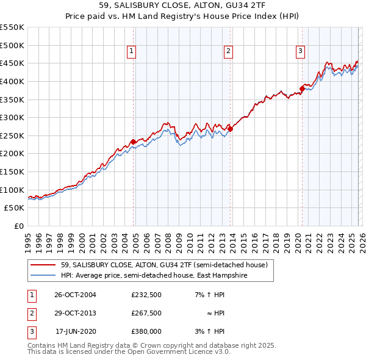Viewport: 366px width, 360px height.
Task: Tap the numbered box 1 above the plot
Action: click(x=131, y=52)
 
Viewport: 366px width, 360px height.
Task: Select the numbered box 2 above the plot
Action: click(x=228, y=52)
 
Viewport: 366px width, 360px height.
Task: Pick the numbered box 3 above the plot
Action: click(x=301, y=52)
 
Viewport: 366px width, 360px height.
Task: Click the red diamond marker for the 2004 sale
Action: click(x=133, y=142)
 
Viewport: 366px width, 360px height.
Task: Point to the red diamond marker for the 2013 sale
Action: click(x=230, y=129)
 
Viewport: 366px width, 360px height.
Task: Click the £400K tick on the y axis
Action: click(x=13, y=81)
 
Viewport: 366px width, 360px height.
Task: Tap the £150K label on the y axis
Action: click(x=13, y=172)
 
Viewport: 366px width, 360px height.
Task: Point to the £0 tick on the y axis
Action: click(x=18, y=226)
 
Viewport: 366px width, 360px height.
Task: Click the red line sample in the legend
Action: click(x=43, y=265)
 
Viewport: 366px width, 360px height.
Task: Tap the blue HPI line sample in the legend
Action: click(x=43, y=275)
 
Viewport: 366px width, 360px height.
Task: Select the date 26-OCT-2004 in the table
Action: click(x=75, y=295)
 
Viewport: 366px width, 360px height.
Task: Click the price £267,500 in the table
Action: click(x=146, y=313)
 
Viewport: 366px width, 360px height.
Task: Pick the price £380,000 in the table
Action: click(x=146, y=331)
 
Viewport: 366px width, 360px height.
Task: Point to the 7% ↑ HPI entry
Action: click(x=209, y=295)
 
